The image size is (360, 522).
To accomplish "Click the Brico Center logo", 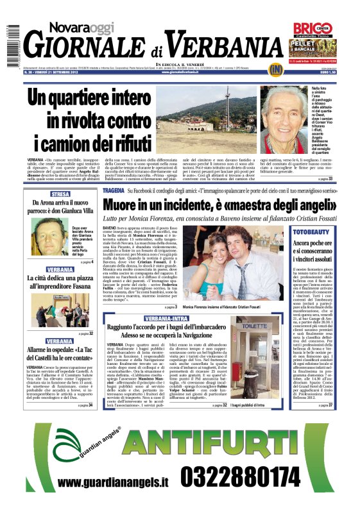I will click(x=313, y=28).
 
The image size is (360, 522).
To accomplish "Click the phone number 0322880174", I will click(x=240, y=494).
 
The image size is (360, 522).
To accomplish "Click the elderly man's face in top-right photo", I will click(x=285, y=110).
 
